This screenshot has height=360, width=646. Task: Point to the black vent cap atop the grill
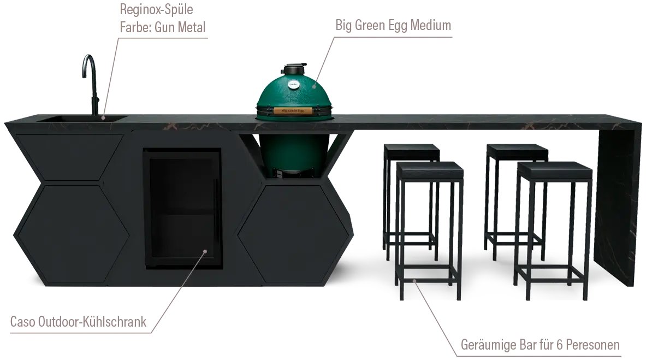(x=295, y=68)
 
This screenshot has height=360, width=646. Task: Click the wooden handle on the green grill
(x=293, y=111)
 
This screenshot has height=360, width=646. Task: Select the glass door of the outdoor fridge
(x=182, y=209)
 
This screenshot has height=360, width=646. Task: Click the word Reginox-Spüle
(x=156, y=9)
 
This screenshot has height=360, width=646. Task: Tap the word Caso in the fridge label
(x=22, y=322)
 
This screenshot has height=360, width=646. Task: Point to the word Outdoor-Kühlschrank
(x=92, y=322)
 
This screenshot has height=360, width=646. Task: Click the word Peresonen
(x=592, y=345)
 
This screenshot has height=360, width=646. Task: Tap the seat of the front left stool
(x=430, y=169)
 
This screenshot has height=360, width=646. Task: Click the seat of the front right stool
(x=555, y=170)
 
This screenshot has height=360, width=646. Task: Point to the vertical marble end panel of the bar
(x=619, y=206)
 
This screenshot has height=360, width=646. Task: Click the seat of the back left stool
(x=411, y=152)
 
